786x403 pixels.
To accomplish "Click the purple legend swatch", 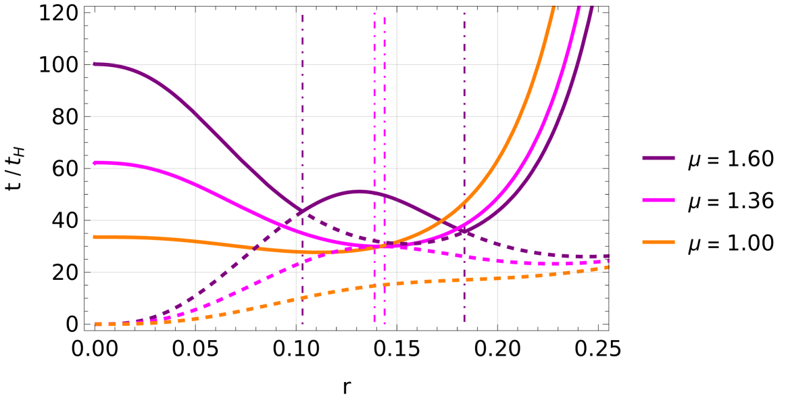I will click(x=658, y=158).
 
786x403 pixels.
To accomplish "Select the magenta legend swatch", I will click(x=658, y=200).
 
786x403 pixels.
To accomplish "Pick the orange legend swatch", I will click(x=658, y=242).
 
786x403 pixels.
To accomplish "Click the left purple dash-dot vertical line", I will click(x=303, y=135).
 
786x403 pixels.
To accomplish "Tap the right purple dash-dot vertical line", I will click(x=464, y=135).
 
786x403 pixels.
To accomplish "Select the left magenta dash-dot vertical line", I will click(x=374, y=135).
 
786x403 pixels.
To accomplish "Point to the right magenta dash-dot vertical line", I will click(x=385, y=135).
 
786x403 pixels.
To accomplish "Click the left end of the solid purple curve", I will click(x=94, y=64).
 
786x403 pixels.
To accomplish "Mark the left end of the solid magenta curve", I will click(x=94, y=163).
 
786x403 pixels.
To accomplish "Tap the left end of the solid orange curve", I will click(x=94, y=237).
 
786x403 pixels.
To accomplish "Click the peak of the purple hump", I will click(x=359, y=192).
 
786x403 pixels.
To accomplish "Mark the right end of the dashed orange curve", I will click(x=607, y=268).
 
